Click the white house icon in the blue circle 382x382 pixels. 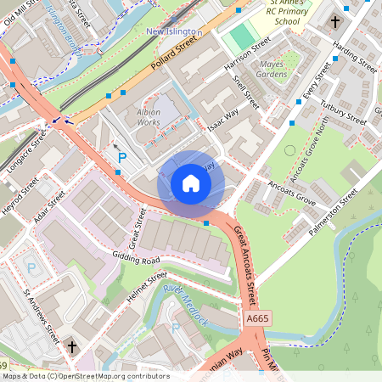[x=191, y=183]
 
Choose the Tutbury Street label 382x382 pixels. [x=343, y=114]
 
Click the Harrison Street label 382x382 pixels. [x=247, y=53]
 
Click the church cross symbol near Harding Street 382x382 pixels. [x=335, y=22]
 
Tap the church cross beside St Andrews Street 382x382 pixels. [x=72, y=346]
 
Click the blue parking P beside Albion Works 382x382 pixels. [x=122, y=158]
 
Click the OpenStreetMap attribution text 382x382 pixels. [x=86, y=376]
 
